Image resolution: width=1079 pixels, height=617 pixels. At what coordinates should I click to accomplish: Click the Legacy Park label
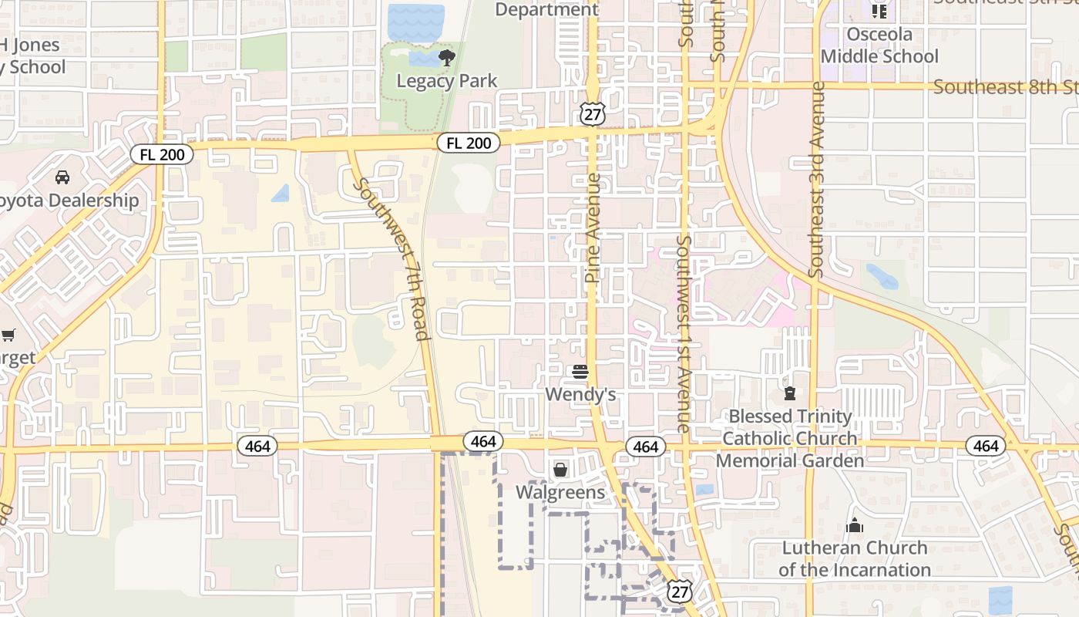447,81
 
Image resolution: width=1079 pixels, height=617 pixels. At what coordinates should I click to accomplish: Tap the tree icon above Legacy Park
446,58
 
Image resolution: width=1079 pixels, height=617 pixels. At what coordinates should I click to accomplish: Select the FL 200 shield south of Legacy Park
469,143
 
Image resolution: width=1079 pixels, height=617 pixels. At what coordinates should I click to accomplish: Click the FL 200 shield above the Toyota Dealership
162,154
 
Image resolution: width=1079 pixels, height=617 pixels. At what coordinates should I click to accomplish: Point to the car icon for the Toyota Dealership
62,177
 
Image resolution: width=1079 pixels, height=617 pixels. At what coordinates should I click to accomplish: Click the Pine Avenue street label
592,228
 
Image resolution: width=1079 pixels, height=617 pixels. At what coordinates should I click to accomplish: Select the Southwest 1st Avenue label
683,333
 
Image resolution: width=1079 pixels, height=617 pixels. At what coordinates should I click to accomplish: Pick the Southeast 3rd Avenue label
816,179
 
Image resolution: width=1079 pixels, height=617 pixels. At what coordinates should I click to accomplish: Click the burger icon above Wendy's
580,373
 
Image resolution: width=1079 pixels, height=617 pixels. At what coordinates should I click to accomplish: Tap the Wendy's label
580,395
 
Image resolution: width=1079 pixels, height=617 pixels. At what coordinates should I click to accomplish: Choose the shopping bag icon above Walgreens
560,469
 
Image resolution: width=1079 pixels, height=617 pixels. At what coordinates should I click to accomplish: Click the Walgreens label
560,492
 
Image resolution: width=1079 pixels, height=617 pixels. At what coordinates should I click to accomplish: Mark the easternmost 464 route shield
986,446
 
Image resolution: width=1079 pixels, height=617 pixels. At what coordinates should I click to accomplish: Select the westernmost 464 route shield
257,446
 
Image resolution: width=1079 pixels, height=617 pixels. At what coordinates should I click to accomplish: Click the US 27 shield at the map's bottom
679,592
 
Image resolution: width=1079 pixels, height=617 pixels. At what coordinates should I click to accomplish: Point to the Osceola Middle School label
879,46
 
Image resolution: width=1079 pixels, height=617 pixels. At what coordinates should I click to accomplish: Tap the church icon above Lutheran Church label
855,526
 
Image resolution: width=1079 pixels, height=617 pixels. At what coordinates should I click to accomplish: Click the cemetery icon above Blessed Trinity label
789,393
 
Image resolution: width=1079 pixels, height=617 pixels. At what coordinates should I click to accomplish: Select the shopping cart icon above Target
8,335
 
